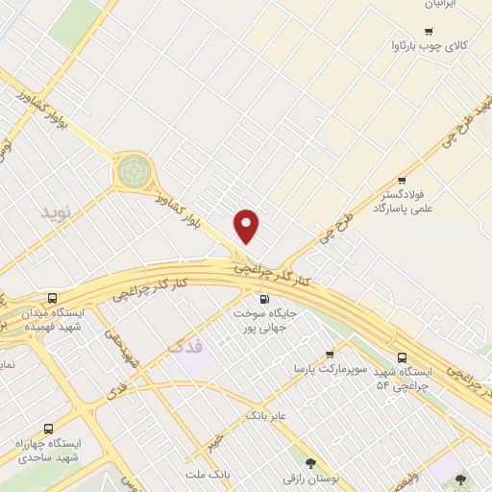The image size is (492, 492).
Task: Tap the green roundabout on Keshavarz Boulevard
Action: (x=134, y=173)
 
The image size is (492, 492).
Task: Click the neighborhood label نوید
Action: (x=56, y=211)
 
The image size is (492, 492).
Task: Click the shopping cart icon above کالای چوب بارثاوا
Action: (x=429, y=32)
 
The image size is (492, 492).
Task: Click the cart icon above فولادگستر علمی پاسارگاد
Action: (x=402, y=180)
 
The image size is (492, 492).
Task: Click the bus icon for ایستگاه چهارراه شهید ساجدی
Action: (x=48, y=429)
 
